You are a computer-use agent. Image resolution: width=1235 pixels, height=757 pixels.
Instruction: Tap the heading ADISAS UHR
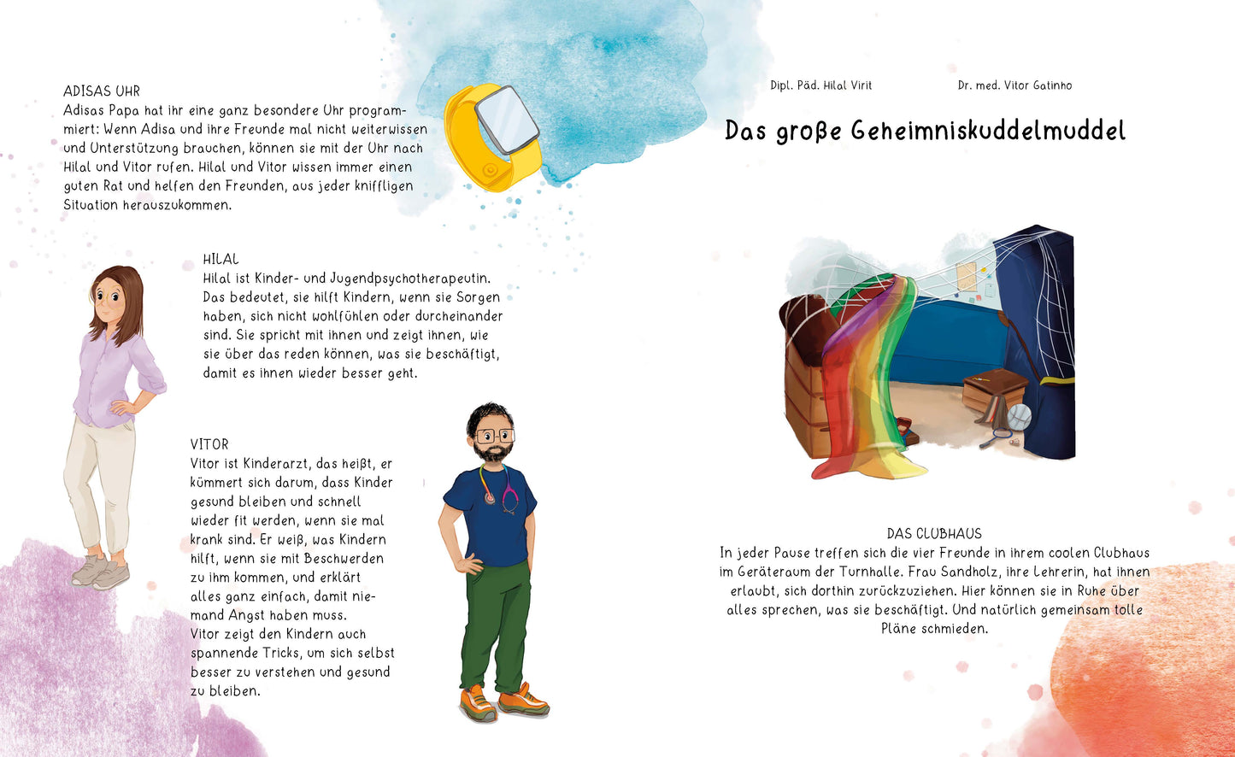(x=102, y=91)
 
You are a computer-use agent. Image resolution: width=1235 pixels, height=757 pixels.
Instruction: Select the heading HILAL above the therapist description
(x=221, y=259)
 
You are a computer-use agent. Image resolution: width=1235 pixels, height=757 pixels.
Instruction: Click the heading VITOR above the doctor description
(x=209, y=444)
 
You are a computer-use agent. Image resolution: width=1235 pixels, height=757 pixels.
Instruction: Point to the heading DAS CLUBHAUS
(x=934, y=533)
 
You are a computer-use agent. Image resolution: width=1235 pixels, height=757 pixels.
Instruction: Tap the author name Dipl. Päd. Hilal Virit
(x=820, y=85)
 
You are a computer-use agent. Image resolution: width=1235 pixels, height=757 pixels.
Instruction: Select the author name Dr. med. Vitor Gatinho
(x=1014, y=85)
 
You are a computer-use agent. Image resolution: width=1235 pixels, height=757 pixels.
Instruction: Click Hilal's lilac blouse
(x=111, y=376)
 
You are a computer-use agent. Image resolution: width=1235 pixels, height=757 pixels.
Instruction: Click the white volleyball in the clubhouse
(x=1019, y=416)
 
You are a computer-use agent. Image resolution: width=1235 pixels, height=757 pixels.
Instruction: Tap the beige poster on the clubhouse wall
(x=967, y=276)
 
